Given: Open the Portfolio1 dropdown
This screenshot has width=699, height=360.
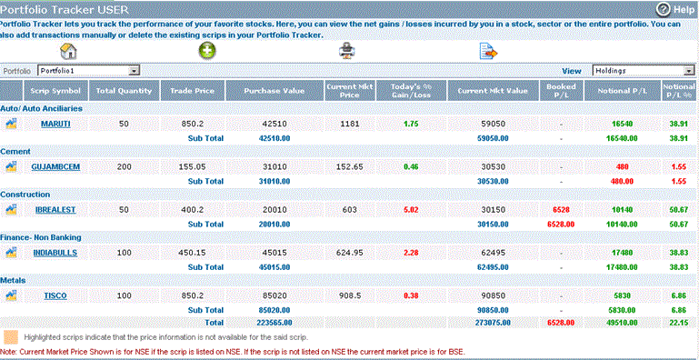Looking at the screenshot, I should click(133, 69).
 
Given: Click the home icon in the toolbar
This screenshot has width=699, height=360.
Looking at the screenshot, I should click(67, 50).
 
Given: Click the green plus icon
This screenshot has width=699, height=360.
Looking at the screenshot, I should click(206, 50).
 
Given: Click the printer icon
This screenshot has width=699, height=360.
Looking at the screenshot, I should click(346, 50).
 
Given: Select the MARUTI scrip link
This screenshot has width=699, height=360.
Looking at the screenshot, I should click(55, 123).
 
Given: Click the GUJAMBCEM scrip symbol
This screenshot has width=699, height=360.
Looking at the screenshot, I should click(55, 166).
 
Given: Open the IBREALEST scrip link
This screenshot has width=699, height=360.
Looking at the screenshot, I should click(55, 209).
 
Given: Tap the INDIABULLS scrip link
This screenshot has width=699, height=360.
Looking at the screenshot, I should click(55, 252).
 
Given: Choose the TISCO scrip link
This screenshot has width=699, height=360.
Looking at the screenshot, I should click(55, 295).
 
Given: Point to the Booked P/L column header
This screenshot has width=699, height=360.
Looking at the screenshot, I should click(561, 91).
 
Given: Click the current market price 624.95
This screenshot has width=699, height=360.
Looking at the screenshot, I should click(350, 252).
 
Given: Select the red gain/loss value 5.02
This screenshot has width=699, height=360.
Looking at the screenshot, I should click(411, 209).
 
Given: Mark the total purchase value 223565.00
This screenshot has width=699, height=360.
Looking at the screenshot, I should click(274, 322).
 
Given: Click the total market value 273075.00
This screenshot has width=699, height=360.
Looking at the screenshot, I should click(492, 322).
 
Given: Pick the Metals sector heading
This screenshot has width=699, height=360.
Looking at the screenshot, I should click(14, 280).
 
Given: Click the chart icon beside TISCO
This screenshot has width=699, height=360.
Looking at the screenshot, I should click(11, 295).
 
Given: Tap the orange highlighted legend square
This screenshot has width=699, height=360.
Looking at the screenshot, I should click(11, 336).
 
